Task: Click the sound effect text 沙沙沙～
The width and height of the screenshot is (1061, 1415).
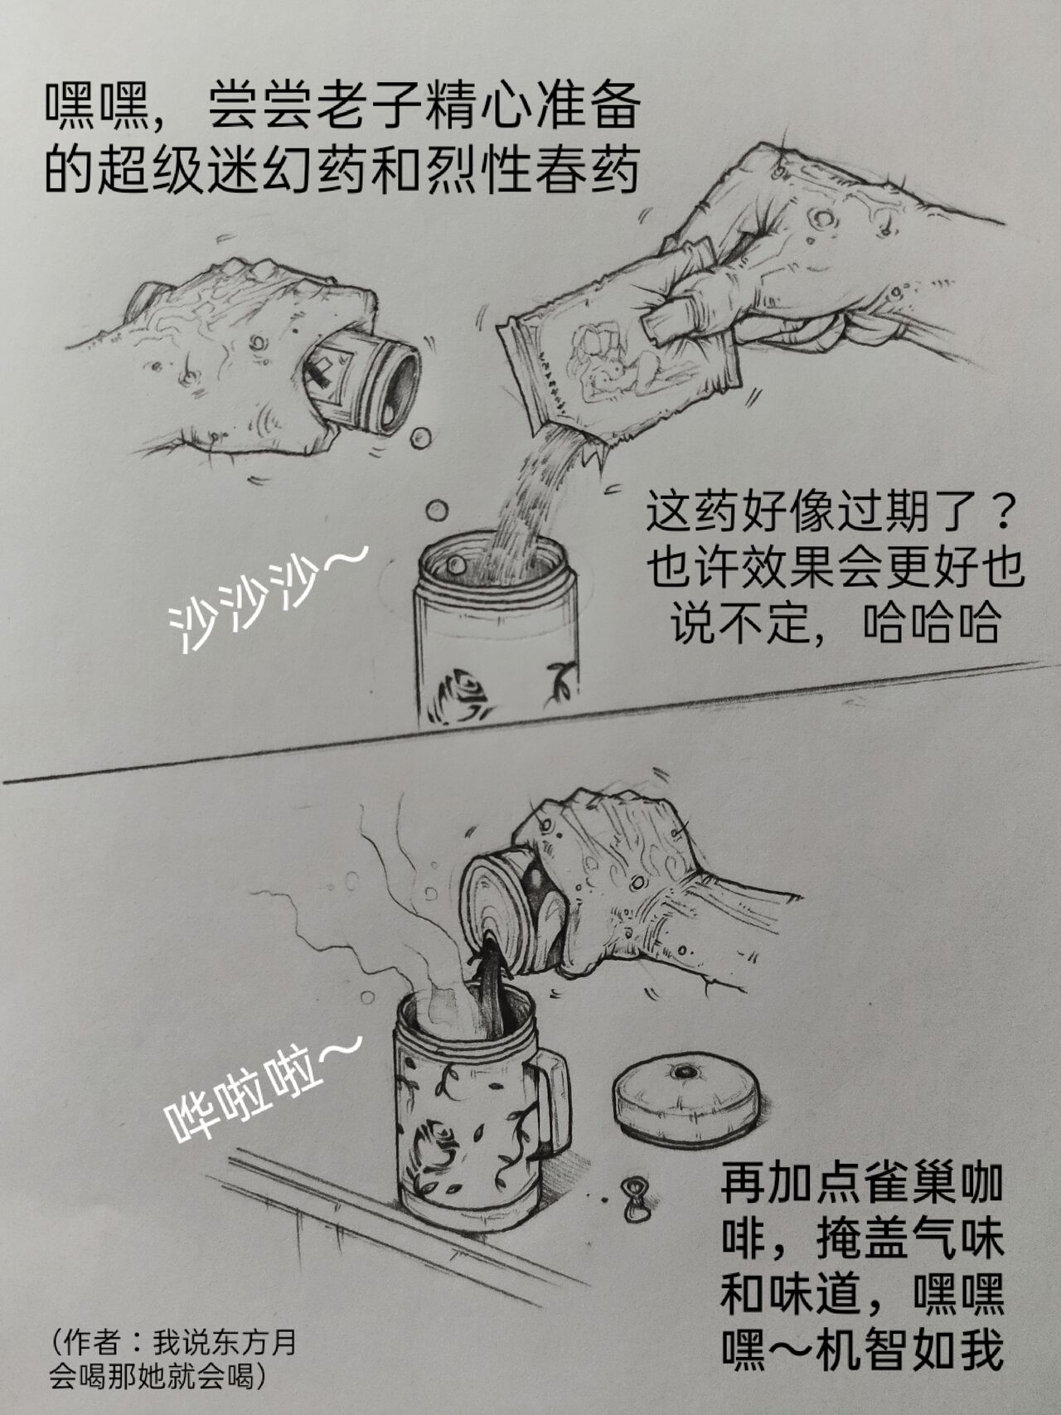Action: (x=264, y=598)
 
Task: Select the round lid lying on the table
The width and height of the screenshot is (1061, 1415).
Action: (x=686, y=1098)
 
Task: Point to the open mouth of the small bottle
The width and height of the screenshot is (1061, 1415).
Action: (x=401, y=389)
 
